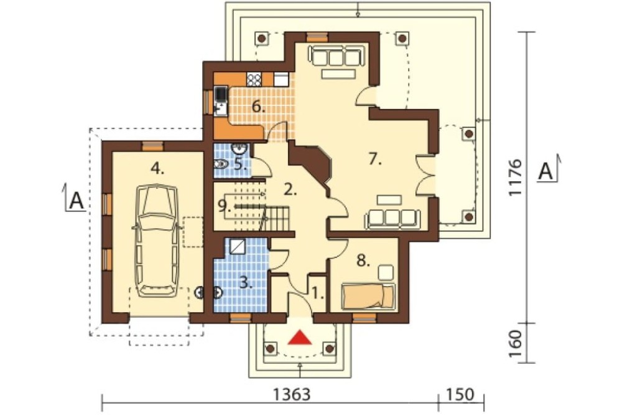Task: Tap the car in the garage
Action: click(157, 241)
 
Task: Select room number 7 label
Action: click(375, 160)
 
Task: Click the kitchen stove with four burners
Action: click(254, 80)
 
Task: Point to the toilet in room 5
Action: click(221, 164)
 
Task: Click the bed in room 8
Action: click(368, 297)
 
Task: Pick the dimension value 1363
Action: click(292, 394)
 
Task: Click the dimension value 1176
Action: click(515, 177)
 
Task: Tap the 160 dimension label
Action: click(515, 344)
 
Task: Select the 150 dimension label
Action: click(460, 394)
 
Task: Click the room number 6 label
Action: click(259, 107)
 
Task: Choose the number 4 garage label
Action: click(157, 169)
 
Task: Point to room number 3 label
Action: click(246, 283)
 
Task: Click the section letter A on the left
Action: click(77, 201)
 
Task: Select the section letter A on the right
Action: click(546, 171)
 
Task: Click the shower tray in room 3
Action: click(238, 247)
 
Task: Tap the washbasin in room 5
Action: click(239, 149)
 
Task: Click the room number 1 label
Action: click(318, 293)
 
